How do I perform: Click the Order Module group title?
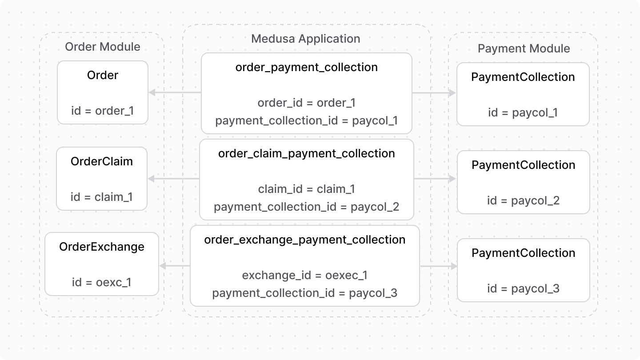102,47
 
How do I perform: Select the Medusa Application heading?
306,39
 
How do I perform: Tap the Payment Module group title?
524,48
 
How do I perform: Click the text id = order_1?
102,110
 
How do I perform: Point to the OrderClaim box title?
102,161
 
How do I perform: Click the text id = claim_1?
102,196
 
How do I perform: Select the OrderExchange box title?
102,247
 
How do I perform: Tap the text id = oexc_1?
102,282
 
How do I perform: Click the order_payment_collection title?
307,67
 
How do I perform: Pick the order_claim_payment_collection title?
307,153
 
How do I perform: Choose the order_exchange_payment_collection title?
305,240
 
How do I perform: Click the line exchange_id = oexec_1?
305,275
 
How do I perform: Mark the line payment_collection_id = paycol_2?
307,207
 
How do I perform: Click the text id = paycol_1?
523,112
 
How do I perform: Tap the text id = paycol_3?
523,288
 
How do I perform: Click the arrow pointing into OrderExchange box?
174,266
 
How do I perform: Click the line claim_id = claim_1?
307,189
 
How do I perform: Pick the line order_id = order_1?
307,103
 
